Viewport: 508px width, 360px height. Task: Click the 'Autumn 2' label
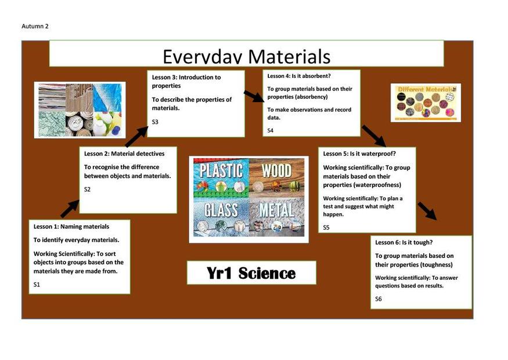tap(35, 26)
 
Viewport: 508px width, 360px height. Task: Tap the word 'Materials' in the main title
tap(289, 56)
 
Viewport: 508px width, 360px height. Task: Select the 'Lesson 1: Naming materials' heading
tap(71, 226)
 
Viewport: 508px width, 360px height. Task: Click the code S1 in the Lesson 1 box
tap(37, 285)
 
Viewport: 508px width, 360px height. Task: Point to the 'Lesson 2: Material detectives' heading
tap(124, 154)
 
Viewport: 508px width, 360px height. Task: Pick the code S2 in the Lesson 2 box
tap(87, 189)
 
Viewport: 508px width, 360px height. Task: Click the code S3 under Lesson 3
tap(155, 122)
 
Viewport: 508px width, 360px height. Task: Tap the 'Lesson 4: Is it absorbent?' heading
tap(299, 76)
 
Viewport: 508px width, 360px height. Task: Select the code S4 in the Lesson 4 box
tap(270, 130)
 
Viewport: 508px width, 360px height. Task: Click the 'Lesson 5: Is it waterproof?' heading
tap(359, 154)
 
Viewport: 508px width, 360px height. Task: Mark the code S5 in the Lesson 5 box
tap(326, 228)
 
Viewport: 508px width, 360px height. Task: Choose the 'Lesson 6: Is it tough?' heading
tap(403, 242)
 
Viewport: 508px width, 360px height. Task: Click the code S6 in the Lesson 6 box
tap(379, 299)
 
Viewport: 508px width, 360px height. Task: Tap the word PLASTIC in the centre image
tap(221, 171)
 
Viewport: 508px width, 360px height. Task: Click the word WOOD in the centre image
tap(276, 171)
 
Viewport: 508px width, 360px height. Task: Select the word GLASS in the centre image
tap(221, 210)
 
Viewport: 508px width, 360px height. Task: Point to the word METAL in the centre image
tap(276, 210)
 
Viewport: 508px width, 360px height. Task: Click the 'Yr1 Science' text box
tap(251, 273)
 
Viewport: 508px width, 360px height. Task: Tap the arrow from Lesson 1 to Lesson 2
tap(70, 208)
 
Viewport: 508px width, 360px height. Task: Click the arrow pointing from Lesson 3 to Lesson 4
tap(254, 96)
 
